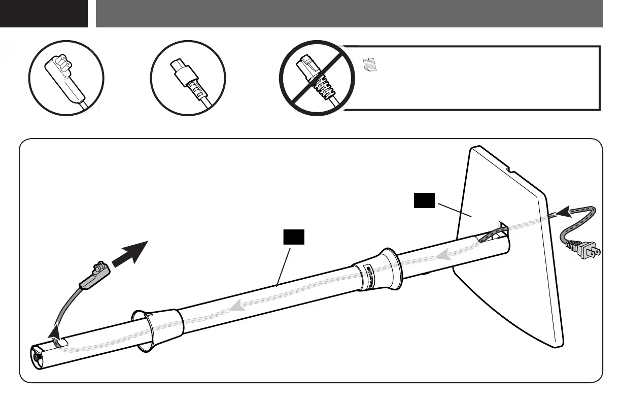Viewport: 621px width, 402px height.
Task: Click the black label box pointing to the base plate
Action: click(x=424, y=201)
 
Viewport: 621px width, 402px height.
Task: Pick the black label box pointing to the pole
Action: click(x=293, y=237)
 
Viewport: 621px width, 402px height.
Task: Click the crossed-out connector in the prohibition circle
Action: click(x=317, y=79)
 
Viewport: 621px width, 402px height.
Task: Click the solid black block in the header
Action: click(x=44, y=14)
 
